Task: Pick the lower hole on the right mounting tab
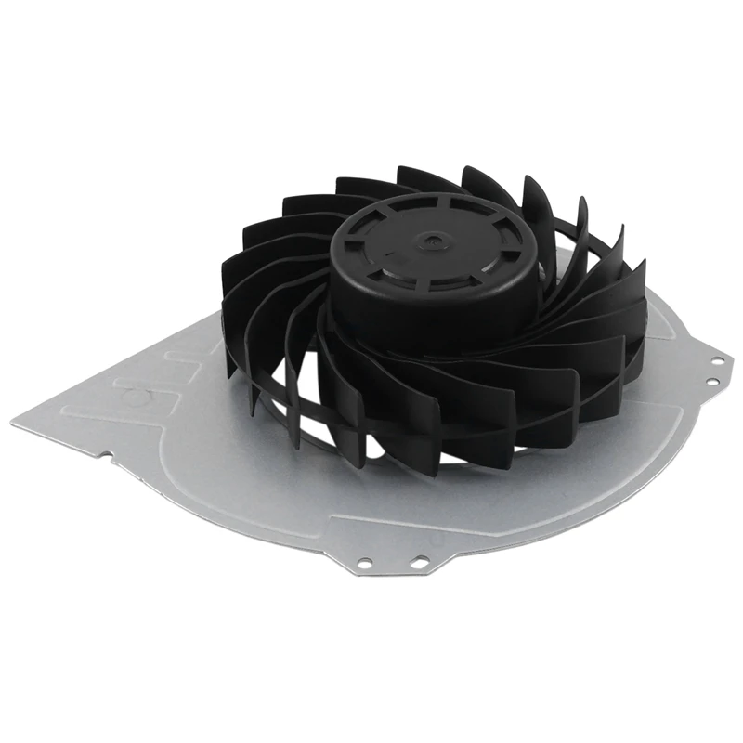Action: [x=710, y=382]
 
